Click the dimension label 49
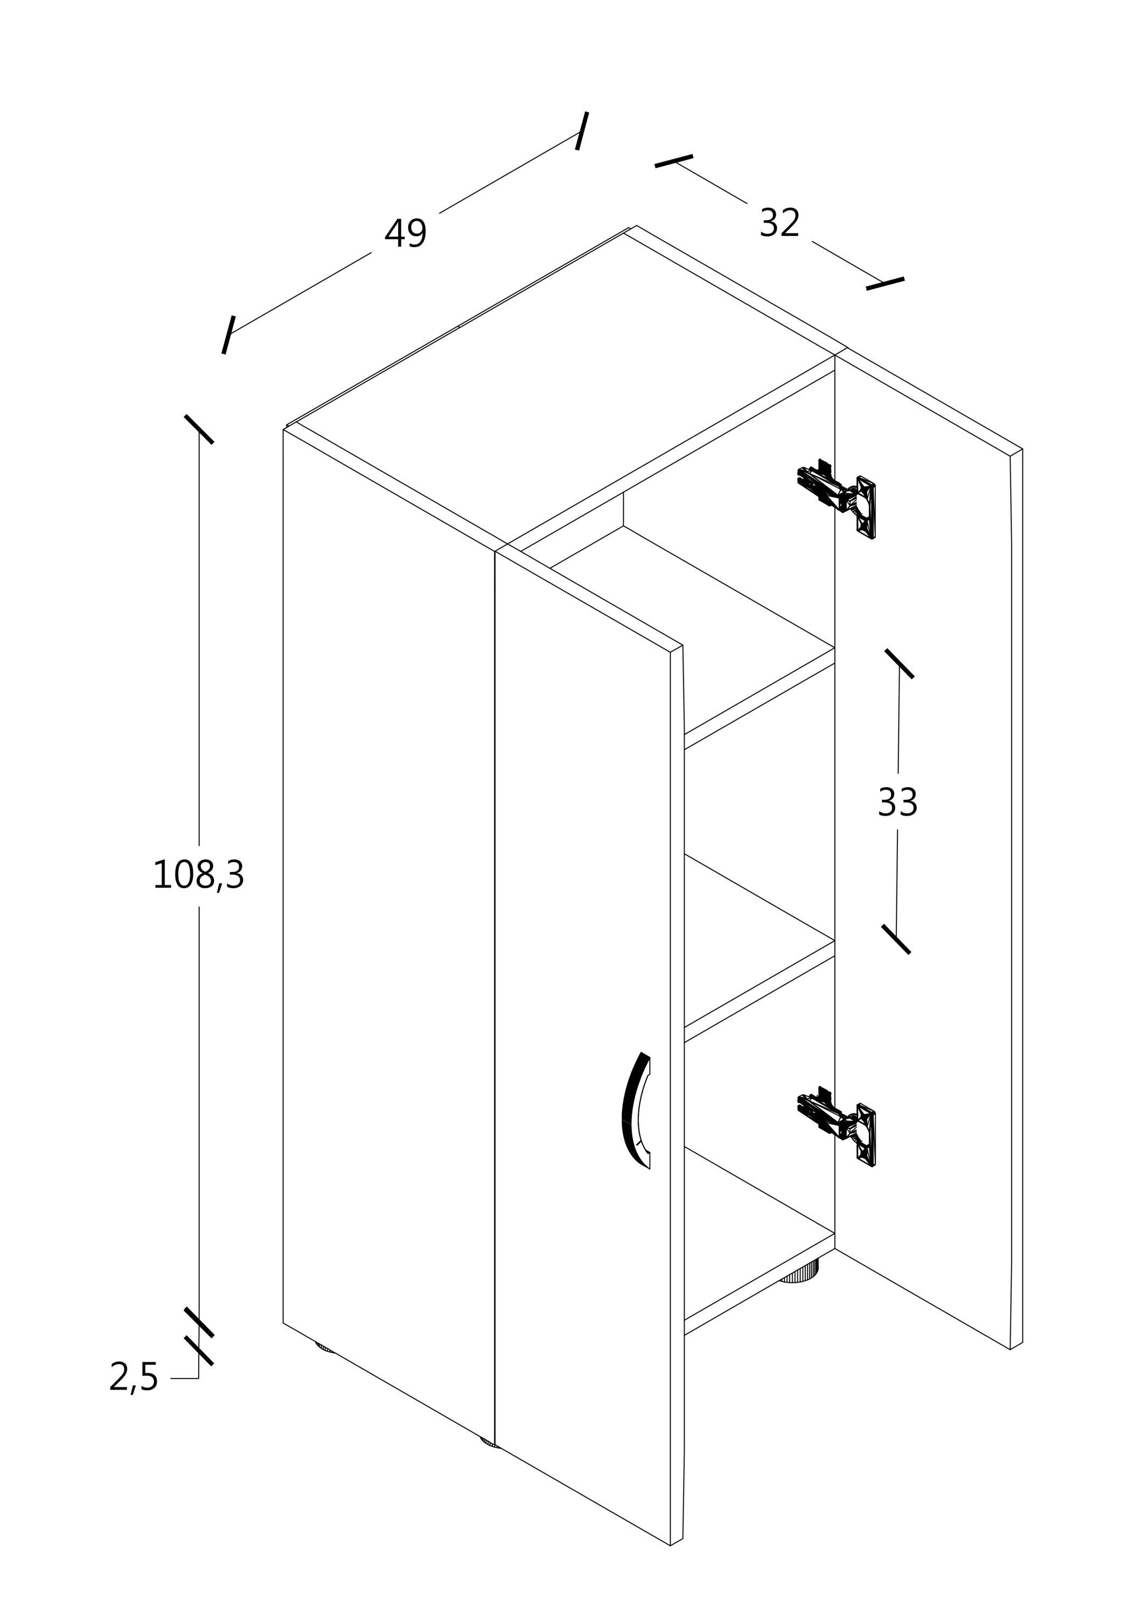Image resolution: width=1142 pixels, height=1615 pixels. pos(405,234)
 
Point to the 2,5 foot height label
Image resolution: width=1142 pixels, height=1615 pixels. pos(134,1377)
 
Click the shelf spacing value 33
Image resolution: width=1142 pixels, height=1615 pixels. pos(898,802)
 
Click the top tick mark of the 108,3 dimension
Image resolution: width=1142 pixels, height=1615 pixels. pos(199,429)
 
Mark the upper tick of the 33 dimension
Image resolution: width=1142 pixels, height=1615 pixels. pos(899,663)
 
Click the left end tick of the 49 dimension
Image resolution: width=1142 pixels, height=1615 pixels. pos(228,335)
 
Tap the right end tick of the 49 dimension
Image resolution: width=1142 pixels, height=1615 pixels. pos(582,131)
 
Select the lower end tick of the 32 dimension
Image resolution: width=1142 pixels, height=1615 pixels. pos(885,284)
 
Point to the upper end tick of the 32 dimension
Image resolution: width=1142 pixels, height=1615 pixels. pos(674,161)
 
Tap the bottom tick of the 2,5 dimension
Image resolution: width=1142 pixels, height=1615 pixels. pos(199,1351)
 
